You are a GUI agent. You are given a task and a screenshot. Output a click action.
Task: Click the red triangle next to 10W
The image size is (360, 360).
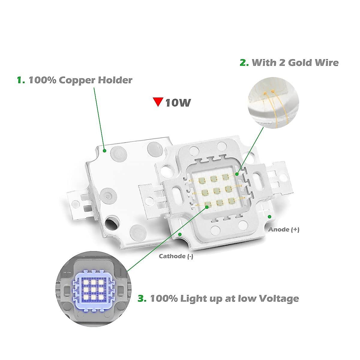tap(158, 102)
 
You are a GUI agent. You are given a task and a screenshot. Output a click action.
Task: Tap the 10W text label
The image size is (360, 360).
tap(178, 103)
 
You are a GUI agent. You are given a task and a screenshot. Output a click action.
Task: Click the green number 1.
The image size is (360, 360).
tap(20, 80)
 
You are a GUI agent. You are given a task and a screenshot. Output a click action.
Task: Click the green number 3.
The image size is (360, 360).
tap(142, 298)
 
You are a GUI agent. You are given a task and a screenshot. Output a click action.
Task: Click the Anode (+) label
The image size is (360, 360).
tap(283, 229)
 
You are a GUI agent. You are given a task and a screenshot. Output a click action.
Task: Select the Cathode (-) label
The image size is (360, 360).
tap(176, 256)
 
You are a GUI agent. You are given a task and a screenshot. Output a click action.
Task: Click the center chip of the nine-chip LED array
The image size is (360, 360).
tap(214, 191)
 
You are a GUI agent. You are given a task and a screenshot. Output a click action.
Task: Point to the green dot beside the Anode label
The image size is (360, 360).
tap(269, 217)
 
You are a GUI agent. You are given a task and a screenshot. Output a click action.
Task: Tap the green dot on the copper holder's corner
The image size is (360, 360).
tap(104, 151)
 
